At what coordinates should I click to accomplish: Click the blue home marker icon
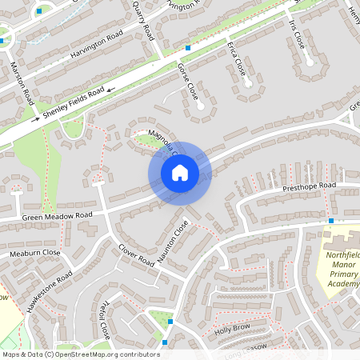click(179, 173)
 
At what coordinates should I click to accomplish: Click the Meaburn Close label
click(35, 253)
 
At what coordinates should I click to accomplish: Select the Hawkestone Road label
click(50, 291)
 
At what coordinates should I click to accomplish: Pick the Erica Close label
click(236, 59)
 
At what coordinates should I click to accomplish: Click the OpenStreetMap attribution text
click(81, 354)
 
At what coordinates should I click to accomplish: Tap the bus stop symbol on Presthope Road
click(330, 220)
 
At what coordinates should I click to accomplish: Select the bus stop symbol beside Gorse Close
click(187, 48)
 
